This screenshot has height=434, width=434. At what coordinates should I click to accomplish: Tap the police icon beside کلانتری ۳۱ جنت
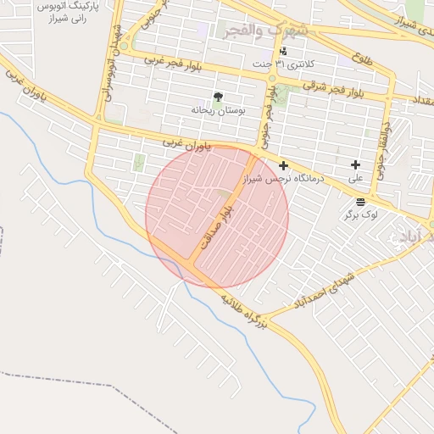[283, 51]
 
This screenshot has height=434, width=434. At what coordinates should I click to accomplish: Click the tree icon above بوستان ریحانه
[219, 97]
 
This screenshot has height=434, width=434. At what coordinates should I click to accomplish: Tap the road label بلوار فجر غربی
[178, 65]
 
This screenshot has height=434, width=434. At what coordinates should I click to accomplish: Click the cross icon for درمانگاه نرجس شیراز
[283, 165]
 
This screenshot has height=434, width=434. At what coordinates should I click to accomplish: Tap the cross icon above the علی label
[354, 164]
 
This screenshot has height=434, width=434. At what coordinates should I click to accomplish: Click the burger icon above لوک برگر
[361, 202]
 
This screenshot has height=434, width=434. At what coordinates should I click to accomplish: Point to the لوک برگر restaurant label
[360, 215]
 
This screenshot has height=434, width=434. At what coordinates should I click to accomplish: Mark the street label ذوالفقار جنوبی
[384, 150]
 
